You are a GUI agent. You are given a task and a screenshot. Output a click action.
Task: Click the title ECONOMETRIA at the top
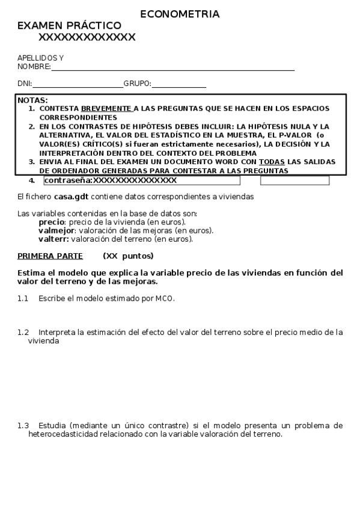coord(180,14)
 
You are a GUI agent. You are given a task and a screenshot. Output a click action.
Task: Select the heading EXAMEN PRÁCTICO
coord(69,26)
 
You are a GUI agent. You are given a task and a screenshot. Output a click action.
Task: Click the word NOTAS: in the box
coord(33,100)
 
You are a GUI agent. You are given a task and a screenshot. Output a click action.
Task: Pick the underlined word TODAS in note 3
coord(272,162)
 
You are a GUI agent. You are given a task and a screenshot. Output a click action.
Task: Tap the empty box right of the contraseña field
coord(294,180)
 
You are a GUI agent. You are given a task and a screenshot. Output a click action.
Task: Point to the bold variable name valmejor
coord(56,230)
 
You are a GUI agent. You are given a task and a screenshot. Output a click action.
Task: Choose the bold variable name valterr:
coord(55,239)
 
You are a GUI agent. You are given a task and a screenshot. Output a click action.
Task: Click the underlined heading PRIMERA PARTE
coord(50,256)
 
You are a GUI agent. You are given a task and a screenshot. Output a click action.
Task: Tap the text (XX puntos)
coord(128,256)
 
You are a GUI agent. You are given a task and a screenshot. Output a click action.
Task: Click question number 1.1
coord(23,298)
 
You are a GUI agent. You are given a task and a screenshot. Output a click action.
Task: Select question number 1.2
coord(23,332)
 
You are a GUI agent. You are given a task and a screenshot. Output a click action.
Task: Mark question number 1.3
coord(23,426)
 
